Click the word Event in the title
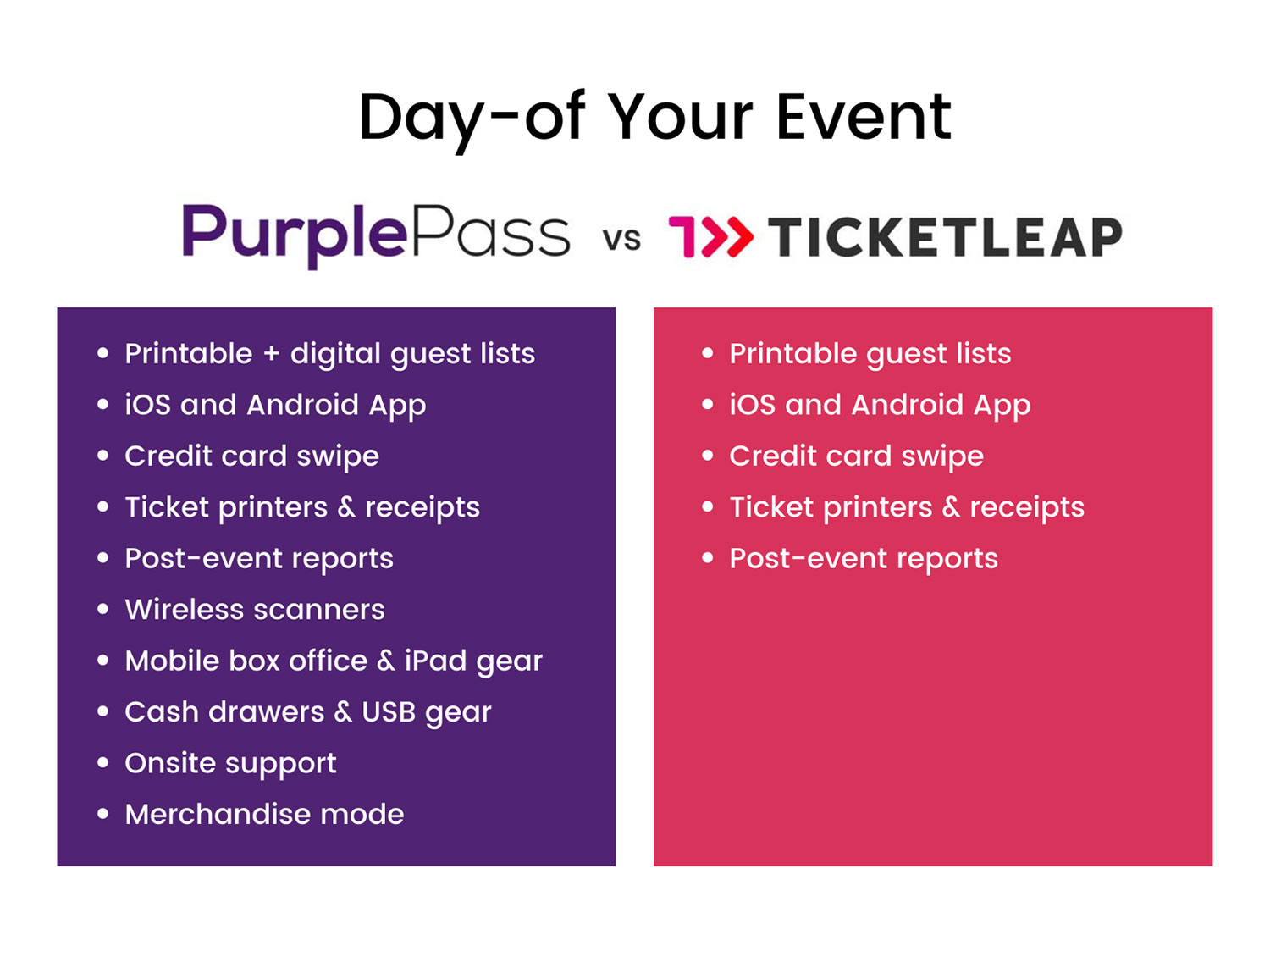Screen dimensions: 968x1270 (x=863, y=117)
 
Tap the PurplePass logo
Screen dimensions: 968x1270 (x=376, y=235)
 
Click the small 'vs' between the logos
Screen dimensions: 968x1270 (x=621, y=239)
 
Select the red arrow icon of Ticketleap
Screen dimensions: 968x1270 (x=710, y=236)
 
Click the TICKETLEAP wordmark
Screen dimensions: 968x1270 (x=945, y=237)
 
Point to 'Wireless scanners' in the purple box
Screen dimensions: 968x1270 (x=254, y=610)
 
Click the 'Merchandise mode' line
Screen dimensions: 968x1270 (x=264, y=815)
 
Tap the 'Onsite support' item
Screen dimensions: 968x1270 (x=230, y=764)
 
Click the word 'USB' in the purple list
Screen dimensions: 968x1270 (x=388, y=712)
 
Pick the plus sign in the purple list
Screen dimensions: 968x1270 (x=271, y=354)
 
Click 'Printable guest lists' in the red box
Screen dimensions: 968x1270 (x=870, y=354)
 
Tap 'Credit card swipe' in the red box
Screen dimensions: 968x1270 (x=856, y=456)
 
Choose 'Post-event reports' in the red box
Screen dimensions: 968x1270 (x=863, y=559)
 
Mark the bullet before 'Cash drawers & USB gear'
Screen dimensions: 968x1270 (x=103, y=712)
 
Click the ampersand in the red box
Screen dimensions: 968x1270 (x=951, y=507)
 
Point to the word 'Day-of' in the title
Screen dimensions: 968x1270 (x=472, y=117)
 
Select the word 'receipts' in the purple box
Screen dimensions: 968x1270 (x=422, y=508)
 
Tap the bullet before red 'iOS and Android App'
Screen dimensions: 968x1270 (x=708, y=405)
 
